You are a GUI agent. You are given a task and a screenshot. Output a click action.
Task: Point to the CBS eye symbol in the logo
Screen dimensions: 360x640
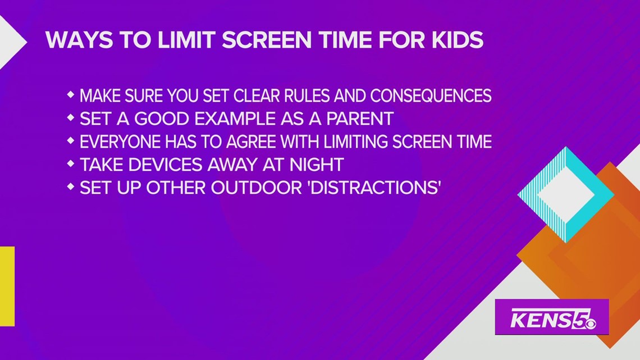pyautogui.click(x=589, y=323)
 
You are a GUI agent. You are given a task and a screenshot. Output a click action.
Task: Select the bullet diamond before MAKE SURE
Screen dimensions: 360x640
pyautogui.click(x=71, y=95)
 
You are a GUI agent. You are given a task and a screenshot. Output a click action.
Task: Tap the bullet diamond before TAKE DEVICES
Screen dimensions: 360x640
pyautogui.click(x=71, y=164)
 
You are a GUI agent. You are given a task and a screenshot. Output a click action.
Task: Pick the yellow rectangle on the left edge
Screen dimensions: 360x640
pyautogui.click(x=7, y=286)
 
